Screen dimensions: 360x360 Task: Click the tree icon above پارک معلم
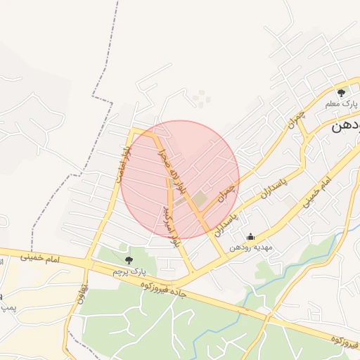pyautogui.click(x=342, y=92)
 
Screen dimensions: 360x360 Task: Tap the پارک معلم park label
pyautogui.click(x=342, y=104)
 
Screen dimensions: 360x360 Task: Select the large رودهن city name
pyautogui.click(x=346, y=127)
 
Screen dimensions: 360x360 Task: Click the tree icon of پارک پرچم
pyautogui.click(x=127, y=260)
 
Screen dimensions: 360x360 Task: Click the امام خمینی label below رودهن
pyautogui.click(x=314, y=192)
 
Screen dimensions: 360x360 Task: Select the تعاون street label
pyautogui.click(x=84, y=292)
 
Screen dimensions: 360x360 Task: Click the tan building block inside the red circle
pyautogui.click(x=199, y=200)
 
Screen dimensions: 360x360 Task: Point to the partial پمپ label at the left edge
pyautogui.click(x=6, y=307)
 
